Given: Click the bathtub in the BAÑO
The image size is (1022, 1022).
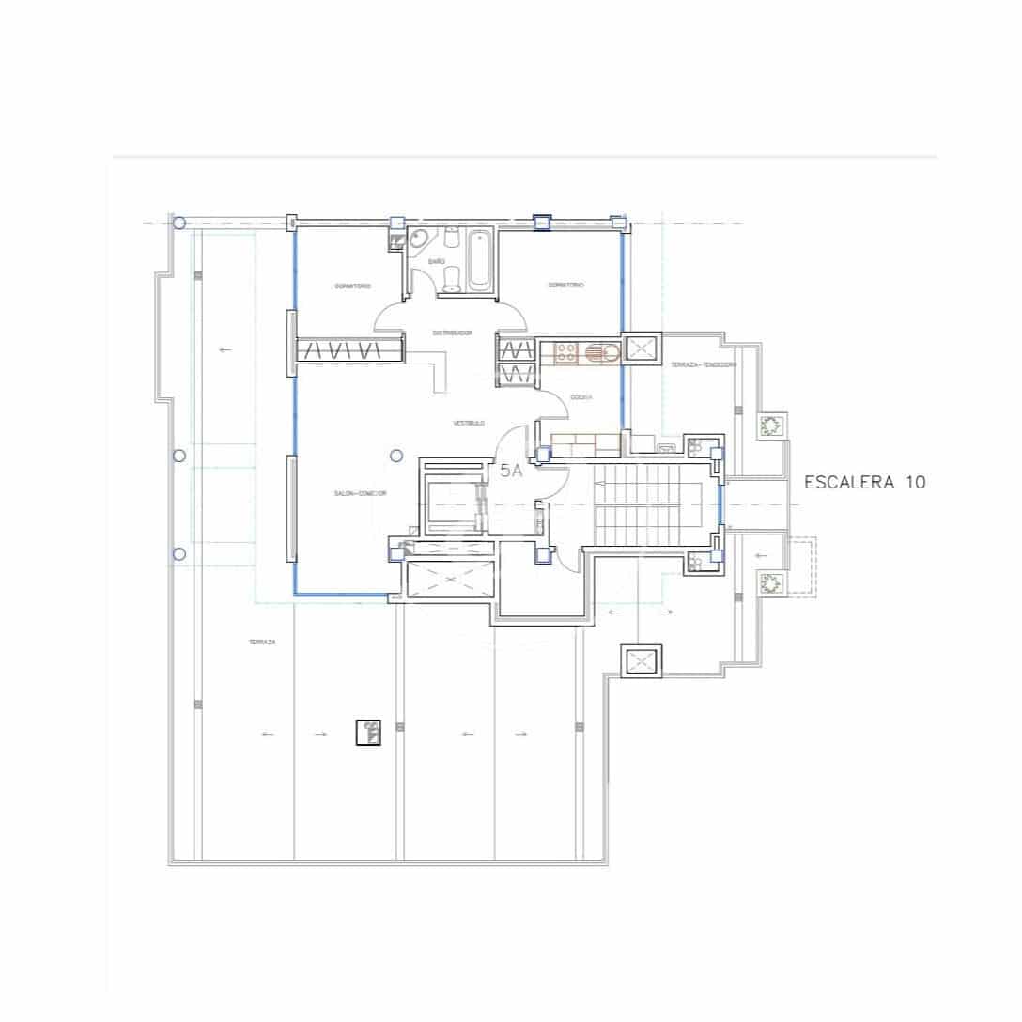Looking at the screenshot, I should pyautogui.click(x=478, y=259).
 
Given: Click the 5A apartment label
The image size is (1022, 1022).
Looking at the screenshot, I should pyautogui.click(x=511, y=472).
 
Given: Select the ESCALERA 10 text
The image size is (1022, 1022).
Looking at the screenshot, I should pyautogui.click(x=865, y=482).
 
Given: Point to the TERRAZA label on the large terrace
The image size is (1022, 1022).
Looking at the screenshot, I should pyautogui.click(x=262, y=643).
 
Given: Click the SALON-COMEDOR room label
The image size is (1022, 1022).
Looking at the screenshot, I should pyautogui.click(x=361, y=494).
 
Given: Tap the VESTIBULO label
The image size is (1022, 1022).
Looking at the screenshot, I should pyautogui.click(x=469, y=424).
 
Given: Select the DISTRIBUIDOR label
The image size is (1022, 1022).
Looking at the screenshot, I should pyautogui.click(x=452, y=333).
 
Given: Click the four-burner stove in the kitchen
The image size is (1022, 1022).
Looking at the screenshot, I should pyautogui.click(x=566, y=352).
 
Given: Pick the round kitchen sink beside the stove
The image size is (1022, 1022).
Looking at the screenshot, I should pyautogui.click(x=601, y=353).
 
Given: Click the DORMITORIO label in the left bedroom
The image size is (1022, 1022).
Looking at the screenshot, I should pyautogui.click(x=352, y=286).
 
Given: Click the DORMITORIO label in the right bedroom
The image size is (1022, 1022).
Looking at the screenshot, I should pyautogui.click(x=566, y=285).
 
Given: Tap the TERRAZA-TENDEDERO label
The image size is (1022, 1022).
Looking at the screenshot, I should pyautogui.click(x=704, y=364).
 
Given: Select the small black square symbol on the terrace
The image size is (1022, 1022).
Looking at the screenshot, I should pyautogui.click(x=368, y=732).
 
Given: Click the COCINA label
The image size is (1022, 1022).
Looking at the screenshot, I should pyautogui.click(x=580, y=397).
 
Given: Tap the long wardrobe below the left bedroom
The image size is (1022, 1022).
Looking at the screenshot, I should pyautogui.click(x=350, y=350).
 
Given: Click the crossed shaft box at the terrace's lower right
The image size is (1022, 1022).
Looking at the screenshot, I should pyautogui.click(x=642, y=660).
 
